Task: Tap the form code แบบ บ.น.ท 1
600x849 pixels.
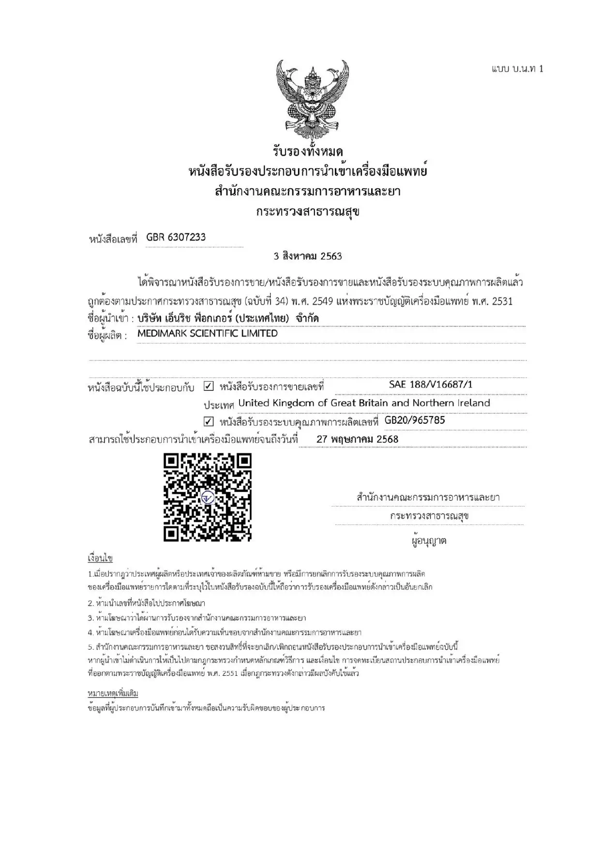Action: [x=517, y=69]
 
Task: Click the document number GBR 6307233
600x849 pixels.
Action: [x=176, y=237]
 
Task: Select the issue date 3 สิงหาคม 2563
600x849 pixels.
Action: [x=308, y=256]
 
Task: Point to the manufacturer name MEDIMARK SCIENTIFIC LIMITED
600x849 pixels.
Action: [x=208, y=333]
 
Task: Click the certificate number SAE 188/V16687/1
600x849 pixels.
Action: [x=430, y=385]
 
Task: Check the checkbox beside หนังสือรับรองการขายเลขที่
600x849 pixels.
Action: [x=209, y=387]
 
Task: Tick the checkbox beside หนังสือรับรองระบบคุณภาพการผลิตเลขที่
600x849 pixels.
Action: [x=209, y=421]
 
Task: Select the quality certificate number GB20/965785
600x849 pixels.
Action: [x=415, y=420]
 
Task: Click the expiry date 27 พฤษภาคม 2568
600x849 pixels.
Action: [x=357, y=439]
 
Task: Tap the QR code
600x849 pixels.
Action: [x=208, y=497]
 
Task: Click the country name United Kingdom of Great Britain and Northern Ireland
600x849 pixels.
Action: [x=364, y=403]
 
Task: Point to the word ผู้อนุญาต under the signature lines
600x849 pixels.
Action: [x=429, y=541]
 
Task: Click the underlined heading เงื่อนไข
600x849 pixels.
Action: [x=100, y=558]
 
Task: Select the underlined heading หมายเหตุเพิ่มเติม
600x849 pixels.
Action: [x=113, y=694]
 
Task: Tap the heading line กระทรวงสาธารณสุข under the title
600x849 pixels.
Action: [x=308, y=212]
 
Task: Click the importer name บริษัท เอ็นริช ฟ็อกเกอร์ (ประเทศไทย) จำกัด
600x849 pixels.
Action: [x=228, y=318]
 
